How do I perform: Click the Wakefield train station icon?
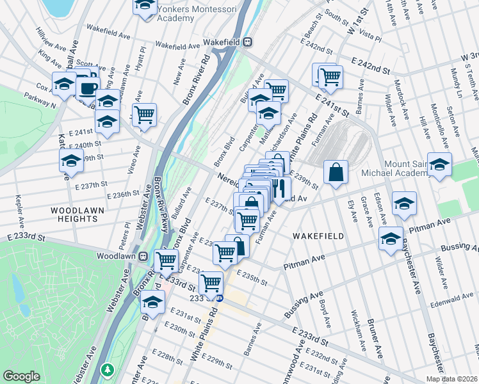click(x=247, y=42)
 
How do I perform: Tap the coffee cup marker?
click(x=89, y=87)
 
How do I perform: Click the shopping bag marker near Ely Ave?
click(x=336, y=172)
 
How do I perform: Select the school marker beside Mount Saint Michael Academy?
click(x=439, y=164)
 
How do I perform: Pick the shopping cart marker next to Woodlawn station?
click(x=166, y=260)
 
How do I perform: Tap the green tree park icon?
click(x=108, y=370)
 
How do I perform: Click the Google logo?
click(x=21, y=376)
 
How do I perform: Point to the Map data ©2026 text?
click(x=451, y=379)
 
